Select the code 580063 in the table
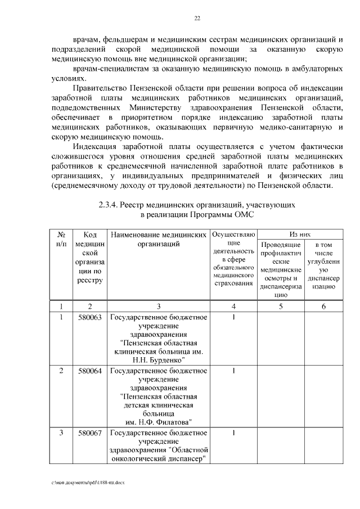tap(89, 317)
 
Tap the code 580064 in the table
tap(89, 371)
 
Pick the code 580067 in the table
tap(89, 433)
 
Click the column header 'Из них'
tap(300, 233)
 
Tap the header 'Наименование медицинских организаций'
tap(158, 239)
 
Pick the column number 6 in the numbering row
tap(323, 306)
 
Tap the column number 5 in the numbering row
tap(280, 306)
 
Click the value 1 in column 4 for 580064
tap(233, 371)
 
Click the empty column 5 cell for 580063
tap(280, 337)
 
